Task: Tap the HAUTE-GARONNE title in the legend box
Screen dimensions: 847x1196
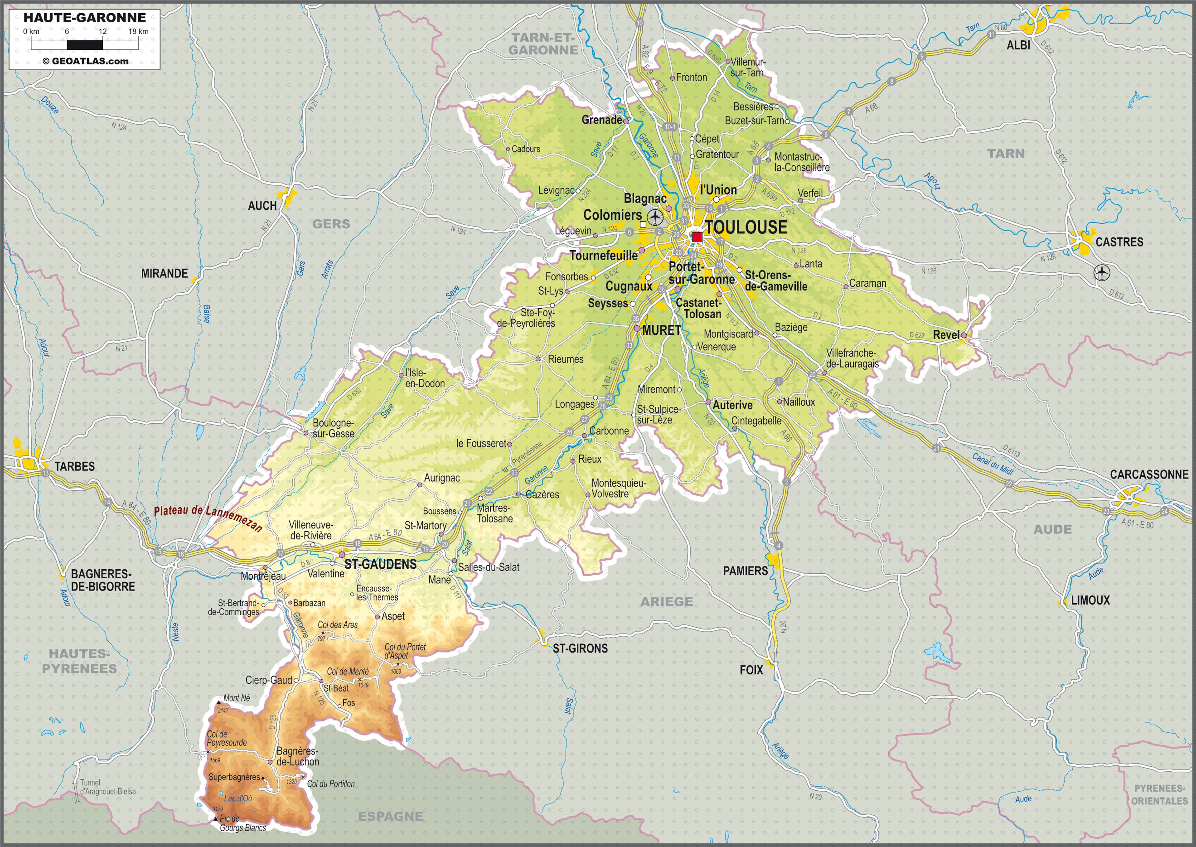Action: coord(85,18)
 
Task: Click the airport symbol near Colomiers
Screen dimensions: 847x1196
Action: coord(655,217)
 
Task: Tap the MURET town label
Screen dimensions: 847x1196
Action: coord(661,330)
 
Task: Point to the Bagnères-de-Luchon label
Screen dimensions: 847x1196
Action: coord(297,756)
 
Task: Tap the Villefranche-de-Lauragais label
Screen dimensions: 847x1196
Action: coord(852,358)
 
